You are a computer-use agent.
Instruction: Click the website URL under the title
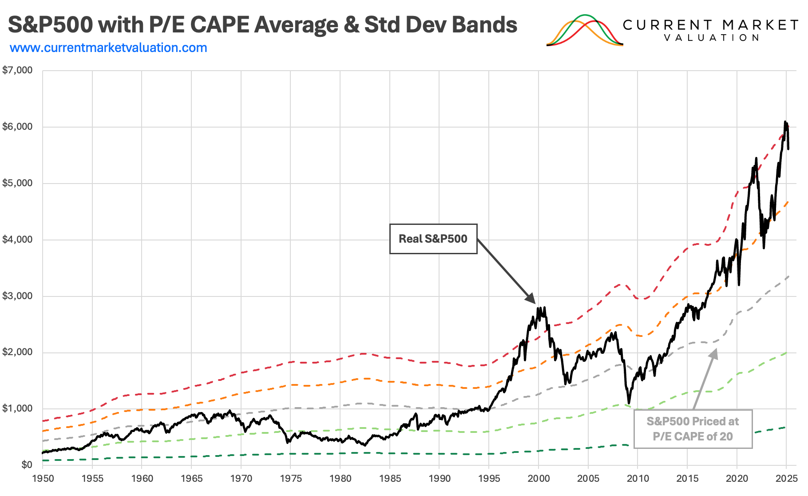pos(108,48)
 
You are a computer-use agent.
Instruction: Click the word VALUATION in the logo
pos(712,38)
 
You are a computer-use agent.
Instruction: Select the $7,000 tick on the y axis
pos(18,70)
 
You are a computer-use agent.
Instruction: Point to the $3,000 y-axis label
pos(18,296)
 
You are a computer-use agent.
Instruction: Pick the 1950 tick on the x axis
pos(43,479)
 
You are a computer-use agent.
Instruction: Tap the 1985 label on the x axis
pos(390,479)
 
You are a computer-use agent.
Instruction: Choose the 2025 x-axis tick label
pos(786,479)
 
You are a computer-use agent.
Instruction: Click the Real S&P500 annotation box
pos(433,239)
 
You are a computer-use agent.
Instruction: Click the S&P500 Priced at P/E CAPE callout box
pos(693,429)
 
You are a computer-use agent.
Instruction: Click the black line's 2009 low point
pos(629,403)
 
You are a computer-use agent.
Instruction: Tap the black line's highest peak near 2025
pos(785,122)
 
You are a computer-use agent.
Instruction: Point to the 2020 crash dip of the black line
pos(739,284)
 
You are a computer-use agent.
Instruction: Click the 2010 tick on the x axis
pos(638,479)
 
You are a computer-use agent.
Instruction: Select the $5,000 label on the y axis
pos(18,183)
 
